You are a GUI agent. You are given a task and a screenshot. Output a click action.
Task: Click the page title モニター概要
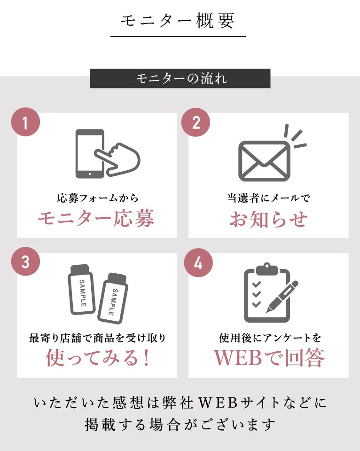pos(177,21)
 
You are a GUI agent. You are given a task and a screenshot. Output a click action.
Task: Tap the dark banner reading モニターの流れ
pos(180,78)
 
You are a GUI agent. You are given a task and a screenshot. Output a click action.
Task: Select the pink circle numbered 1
pos(25,122)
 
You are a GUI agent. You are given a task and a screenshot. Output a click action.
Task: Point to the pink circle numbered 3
pos(25,261)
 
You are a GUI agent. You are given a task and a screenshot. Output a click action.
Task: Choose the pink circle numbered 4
pos(198,262)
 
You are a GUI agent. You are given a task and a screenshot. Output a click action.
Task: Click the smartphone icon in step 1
pos(89,154)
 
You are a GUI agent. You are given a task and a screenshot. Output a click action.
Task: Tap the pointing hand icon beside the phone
pos(118,160)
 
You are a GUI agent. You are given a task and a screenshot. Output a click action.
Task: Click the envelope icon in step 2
pos(264,161)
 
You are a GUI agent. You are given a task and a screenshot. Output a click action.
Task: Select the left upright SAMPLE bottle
pos(81,290)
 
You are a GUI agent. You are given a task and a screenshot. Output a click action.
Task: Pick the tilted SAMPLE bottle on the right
pos(113,298)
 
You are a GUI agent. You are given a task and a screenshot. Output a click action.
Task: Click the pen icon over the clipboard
pos(282,296)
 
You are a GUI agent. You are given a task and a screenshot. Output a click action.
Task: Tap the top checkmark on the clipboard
pos(256,284)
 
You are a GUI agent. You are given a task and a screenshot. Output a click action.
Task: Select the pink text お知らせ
pos(268,219)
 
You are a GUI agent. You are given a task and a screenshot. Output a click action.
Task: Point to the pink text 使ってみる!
pos(98,357)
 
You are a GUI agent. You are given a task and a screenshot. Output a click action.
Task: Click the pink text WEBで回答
pos(269,357)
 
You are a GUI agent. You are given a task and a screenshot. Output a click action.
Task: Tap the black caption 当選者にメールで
pos(268,198)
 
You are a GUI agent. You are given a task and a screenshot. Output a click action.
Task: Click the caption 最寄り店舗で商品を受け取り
pos(97,338)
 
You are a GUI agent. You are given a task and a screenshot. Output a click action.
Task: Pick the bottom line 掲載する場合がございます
pos(180,425)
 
